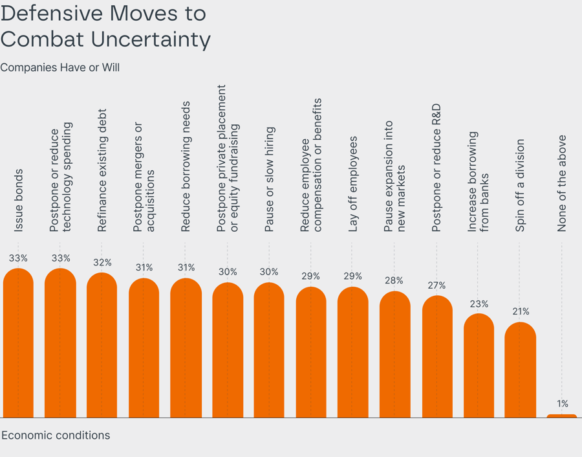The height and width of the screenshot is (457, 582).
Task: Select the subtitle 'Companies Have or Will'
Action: [60, 67]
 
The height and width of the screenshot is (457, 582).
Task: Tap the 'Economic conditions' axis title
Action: [56, 435]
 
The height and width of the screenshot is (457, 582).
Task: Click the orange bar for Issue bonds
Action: [18, 343]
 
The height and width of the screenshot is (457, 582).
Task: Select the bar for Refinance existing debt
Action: [102, 346]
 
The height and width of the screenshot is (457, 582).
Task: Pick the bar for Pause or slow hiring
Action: [269, 350]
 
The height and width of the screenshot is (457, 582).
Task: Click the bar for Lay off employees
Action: [352, 353]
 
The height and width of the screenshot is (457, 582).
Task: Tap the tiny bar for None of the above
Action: [562, 416]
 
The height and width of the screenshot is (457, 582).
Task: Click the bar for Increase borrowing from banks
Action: [479, 366]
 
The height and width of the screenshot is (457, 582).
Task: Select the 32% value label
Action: [102, 263]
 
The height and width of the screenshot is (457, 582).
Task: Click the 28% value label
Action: [394, 281]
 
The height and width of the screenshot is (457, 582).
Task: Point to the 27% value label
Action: [436, 285]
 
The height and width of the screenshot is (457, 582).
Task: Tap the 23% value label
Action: [479, 304]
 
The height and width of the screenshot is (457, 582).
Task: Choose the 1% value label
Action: [563, 404]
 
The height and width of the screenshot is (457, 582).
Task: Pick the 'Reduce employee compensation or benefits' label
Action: [310, 165]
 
